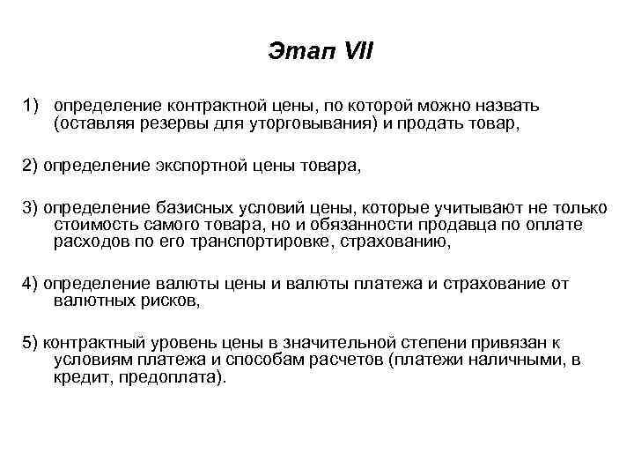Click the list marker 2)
32,164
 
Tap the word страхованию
393,242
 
